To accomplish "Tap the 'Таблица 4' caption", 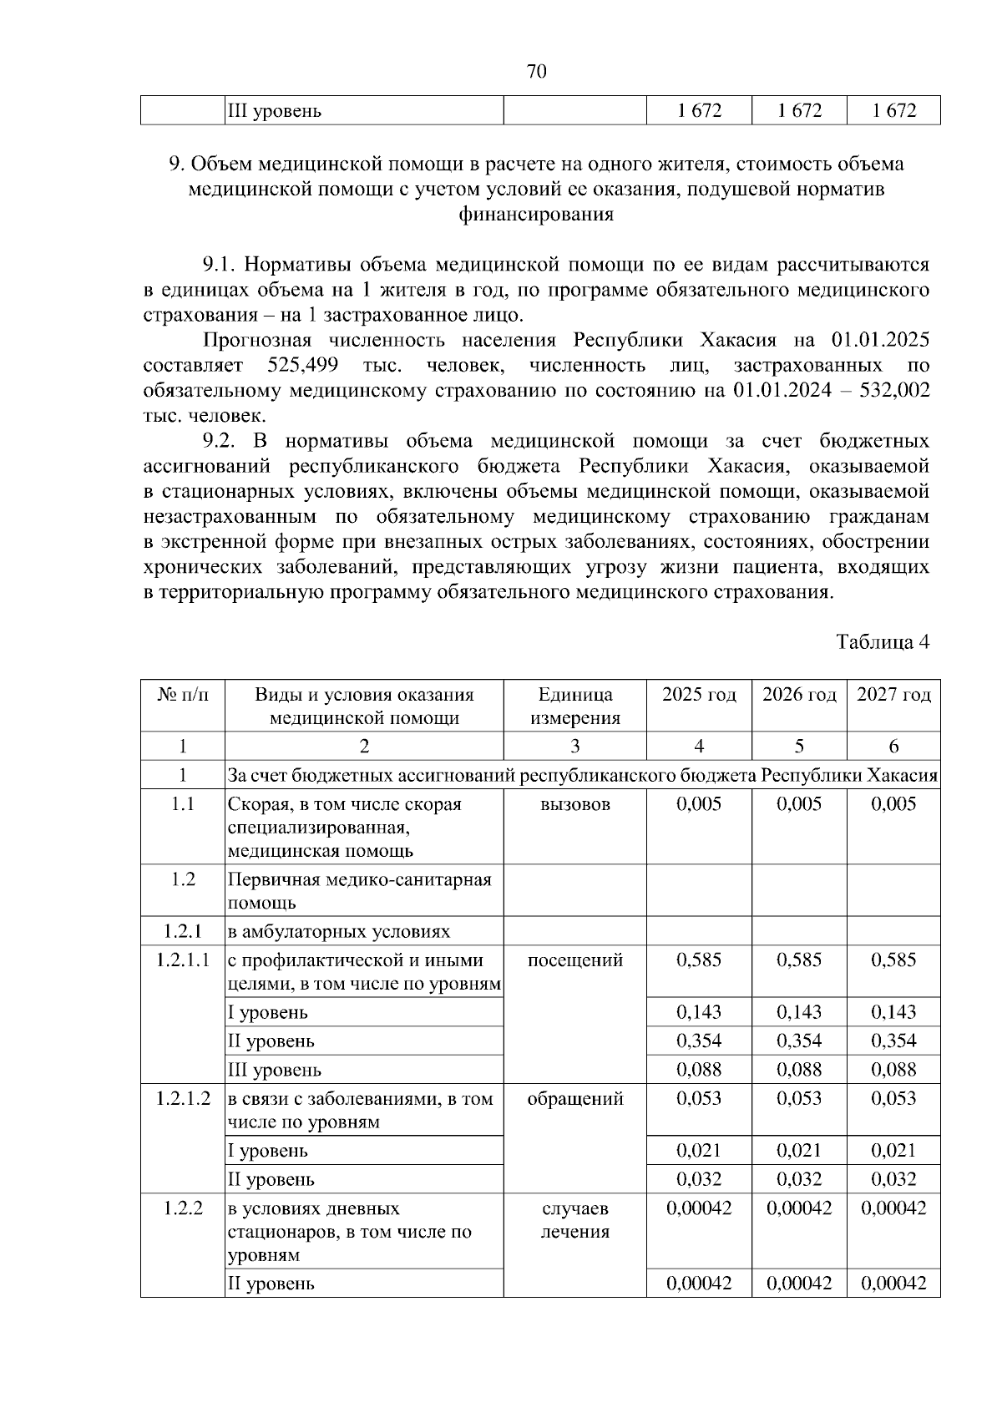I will [883, 641].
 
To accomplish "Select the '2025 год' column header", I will [699, 695].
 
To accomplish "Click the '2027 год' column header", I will [893, 695].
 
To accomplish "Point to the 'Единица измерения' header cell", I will [574, 706].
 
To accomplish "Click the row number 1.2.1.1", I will [183, 960].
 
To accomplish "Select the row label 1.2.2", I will [183, 1208].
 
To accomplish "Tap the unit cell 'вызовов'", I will [574, 804].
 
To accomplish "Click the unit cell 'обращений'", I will [574, 1098].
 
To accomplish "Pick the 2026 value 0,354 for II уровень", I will [799, 1041].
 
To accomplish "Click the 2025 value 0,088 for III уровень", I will [699, 1069].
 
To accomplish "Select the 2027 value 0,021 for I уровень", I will [893, 1150].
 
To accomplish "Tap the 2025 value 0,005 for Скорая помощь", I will [699, 804].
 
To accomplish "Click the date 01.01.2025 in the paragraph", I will [880, 340].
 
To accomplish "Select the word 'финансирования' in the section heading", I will [536, 215].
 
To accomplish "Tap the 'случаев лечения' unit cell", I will [574, 1219].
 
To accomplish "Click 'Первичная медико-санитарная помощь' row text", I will [359, 890].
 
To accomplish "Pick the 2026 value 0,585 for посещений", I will [799, 960].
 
